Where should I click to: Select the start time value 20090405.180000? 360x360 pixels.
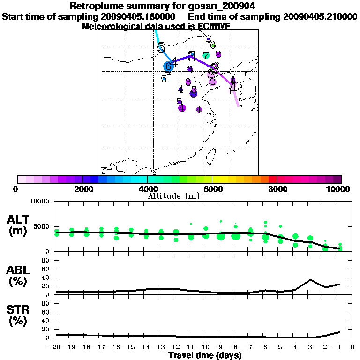coord(143,16)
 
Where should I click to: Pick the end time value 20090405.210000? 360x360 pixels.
coord(320,16)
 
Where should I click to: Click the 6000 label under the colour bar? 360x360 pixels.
coord(212,189)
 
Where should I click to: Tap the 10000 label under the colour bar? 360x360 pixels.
coord(338,189)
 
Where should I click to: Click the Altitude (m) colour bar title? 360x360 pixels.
coord(174,196)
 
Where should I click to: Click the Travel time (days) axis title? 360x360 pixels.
coord(205,356)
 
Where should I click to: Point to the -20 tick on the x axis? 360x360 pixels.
coord(55,347)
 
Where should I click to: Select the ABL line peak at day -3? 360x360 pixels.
coord(310,280)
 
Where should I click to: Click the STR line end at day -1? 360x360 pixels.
coord(340,332)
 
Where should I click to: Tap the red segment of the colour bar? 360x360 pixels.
coord(272,179)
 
